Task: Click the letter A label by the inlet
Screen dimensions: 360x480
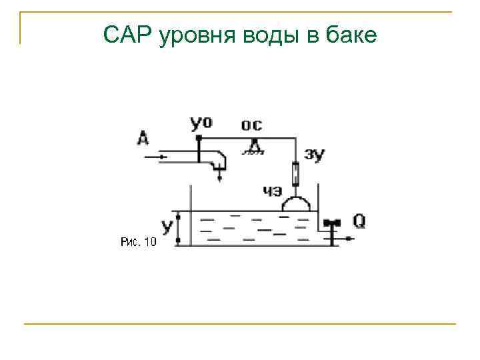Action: pos(143,138)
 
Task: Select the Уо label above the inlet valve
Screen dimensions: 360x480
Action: pos(201,123)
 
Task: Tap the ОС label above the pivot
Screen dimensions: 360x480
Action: pos(251,125)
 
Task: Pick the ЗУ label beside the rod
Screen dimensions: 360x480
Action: pos(314,155)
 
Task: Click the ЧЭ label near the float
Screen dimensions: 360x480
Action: pos(272,191)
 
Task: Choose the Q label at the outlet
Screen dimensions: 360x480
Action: pos(359,221)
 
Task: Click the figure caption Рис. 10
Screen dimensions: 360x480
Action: pos(139,242)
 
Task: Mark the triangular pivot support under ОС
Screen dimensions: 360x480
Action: pos(253,146)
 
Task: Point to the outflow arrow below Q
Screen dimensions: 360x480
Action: pos(348,238)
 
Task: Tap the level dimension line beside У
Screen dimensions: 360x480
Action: pos(179,228)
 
